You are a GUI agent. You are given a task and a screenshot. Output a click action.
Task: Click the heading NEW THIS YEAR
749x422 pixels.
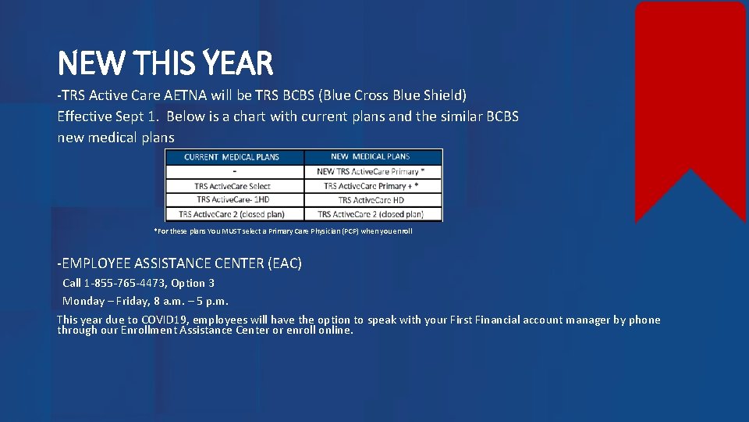165,63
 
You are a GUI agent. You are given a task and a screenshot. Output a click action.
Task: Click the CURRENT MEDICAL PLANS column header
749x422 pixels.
232,157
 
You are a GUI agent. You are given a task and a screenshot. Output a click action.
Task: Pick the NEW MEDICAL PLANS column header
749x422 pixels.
371,157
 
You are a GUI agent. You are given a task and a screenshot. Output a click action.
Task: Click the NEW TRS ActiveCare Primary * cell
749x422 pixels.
371,172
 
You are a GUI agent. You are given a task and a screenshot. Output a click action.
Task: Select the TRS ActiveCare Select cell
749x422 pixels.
233,186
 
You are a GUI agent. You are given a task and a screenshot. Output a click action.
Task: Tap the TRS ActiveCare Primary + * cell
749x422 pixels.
371,186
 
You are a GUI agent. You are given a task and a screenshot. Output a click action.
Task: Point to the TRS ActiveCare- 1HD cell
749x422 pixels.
233,200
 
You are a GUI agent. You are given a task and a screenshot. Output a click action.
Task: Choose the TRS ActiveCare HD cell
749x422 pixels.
371,200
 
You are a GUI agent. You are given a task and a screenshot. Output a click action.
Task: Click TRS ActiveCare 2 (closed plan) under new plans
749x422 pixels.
371,214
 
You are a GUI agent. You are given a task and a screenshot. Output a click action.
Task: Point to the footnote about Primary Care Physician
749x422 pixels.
283,231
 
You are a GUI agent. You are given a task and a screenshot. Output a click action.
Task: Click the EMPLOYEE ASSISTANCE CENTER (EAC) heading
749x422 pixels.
179,263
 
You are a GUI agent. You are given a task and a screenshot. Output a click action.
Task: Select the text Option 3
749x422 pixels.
194,283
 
